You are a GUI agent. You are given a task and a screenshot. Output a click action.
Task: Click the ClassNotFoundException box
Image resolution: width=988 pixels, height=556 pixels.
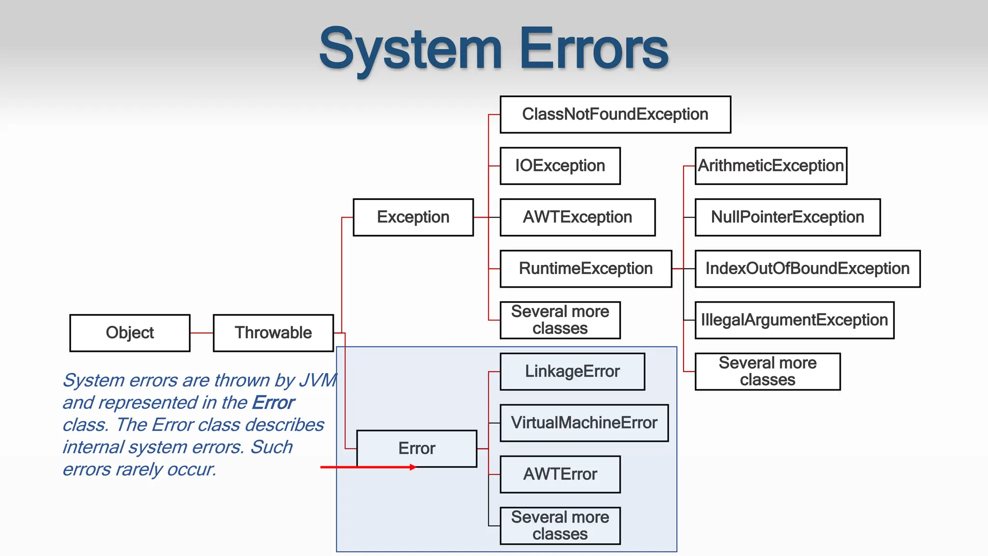(x=615, y=114)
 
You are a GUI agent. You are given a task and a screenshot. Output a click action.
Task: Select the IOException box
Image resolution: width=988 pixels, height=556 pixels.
(x=560, y=166)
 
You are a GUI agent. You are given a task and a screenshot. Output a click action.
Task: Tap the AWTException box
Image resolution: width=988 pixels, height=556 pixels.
(x=577, y=217)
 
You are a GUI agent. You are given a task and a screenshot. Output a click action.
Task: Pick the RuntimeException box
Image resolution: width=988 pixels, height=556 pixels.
(x=586, y=268)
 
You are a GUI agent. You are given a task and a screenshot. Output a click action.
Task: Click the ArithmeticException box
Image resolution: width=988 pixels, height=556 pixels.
(x=770, y=166)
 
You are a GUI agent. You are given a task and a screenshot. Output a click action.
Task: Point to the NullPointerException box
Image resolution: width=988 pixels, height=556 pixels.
(x=787, y=217)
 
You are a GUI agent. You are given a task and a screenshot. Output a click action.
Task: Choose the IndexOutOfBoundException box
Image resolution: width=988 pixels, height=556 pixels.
(x=807, y=268)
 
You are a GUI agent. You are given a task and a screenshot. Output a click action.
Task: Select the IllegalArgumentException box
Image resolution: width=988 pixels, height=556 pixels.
(x=794, y=320)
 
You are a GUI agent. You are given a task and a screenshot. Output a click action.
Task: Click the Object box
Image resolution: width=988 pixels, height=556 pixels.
(x=130, y=333)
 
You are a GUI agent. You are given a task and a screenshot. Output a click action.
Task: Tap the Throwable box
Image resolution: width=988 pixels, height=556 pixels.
(x=273, y=333)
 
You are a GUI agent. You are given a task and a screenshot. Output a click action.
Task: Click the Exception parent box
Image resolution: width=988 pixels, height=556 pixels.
(x=413, y=217)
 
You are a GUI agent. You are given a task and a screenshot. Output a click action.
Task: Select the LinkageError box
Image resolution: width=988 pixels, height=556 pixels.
(x=572, y=372)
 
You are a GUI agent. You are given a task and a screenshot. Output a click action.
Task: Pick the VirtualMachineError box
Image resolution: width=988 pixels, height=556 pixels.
(x=584, y=423)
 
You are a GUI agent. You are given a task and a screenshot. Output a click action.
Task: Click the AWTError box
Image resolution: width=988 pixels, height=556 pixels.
(x=560, y=474)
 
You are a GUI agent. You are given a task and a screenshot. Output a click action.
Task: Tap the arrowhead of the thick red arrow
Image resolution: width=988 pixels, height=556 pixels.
(x=412, y=467)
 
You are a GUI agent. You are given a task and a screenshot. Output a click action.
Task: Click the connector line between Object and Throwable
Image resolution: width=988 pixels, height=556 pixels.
(x=202, y=333)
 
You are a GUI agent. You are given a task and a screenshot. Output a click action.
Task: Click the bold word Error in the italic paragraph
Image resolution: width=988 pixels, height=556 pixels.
(x=273, y=403)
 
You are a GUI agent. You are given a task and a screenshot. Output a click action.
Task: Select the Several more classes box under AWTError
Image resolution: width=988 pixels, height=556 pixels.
(x=560, y=526)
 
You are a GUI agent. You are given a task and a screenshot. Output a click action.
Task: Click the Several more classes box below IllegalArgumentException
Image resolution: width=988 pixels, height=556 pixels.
(x=767, y=372)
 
